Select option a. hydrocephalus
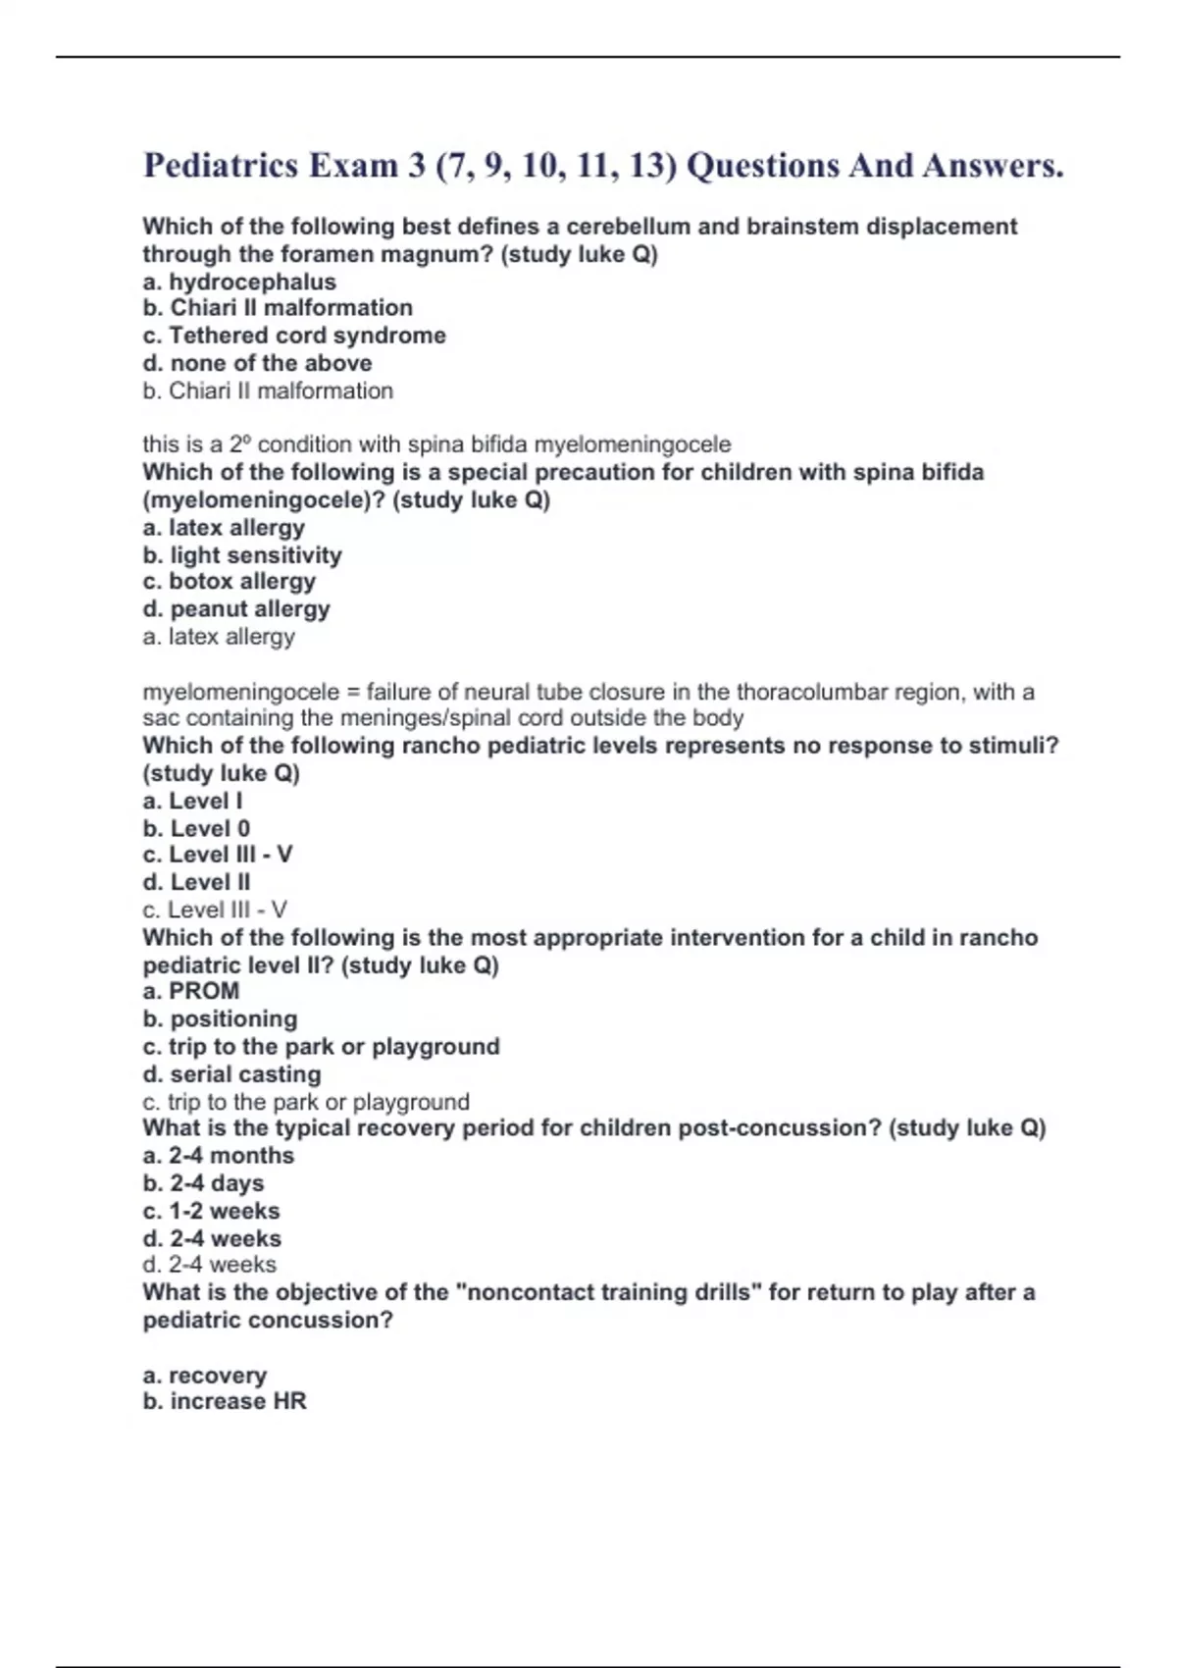click(239, 282)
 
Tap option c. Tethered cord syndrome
click(294, 336)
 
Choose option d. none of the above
click(257, 363)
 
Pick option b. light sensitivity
click(242, 555)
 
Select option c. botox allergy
click(230, 581)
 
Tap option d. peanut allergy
click(236, 609)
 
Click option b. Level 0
click(196, 828)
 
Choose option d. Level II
click(196, 882)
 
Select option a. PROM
click(191, 991)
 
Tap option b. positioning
click(220, 1018)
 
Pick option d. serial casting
click(231, 1074)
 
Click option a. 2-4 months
click(219, 1156)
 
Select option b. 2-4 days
click(203, 1183)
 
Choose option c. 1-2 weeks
click(211, 1211)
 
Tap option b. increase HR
click(225, 1401)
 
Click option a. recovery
click(205, 1375)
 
